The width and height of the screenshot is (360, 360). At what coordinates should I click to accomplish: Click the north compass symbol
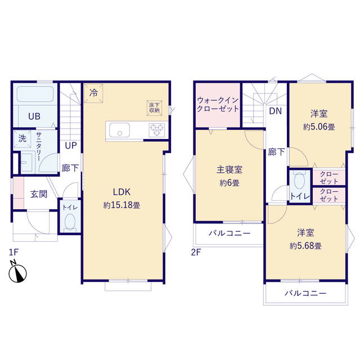[x=19, y=274]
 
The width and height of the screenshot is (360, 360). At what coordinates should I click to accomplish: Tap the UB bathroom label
[x=34, y=116]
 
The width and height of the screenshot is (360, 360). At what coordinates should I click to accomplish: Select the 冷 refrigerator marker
[x=93, y=93]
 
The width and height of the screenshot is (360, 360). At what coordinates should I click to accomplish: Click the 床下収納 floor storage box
[x=154, y=106]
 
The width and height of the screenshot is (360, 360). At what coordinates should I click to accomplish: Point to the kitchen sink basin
[x=119, y=132]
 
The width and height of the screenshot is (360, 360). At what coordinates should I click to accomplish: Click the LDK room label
[x=121, y=191]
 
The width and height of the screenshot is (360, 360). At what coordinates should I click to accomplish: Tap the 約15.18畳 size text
[x=121, y=205]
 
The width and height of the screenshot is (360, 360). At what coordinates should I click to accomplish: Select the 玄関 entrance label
[x=39, y=194]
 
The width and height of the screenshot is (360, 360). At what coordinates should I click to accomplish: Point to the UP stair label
[x=71, y=146]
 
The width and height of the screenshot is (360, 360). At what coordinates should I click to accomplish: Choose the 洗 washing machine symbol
[x=22, y=138]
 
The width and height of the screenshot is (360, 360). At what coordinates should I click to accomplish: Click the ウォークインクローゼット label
[x=218, y=105]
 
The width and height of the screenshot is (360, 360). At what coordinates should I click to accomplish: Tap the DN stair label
[x=275, y=111]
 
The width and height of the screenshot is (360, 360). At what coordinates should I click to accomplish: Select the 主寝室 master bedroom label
[x=229, y=169]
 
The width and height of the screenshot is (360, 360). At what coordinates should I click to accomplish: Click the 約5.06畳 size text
[x=319, y=127]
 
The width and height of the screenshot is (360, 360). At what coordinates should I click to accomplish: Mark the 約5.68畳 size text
[x=305, y=246]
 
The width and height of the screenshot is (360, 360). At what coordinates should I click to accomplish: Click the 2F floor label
[x=195, y=253]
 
